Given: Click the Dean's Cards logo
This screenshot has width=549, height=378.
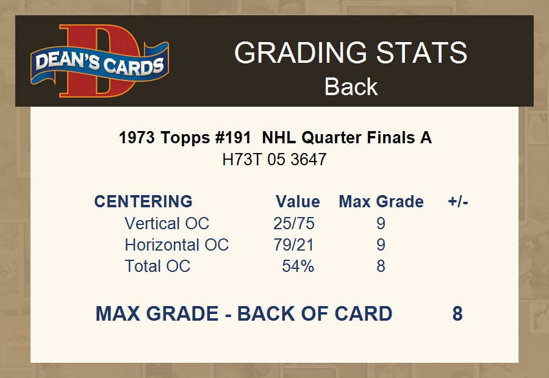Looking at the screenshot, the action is click(100, 60).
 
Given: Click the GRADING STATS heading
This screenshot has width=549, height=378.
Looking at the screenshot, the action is click(351, 52).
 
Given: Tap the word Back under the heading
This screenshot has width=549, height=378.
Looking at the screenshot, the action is click(351, 87).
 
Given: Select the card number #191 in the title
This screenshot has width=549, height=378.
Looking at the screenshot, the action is click(233, 138).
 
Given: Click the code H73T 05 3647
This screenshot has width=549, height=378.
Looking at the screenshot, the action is click(274, 160).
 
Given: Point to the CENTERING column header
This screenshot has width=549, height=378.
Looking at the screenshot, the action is click(143, 202).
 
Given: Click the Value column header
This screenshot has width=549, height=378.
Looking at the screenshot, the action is click(298, 202).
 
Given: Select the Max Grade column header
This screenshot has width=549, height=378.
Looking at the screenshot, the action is click(381, 202).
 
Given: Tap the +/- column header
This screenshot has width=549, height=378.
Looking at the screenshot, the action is click(458, 202).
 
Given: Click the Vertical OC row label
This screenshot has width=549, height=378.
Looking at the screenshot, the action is click(167, 223).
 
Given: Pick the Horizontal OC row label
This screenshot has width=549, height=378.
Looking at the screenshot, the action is click(177, 244).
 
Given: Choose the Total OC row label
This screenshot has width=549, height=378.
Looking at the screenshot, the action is click(157, 266).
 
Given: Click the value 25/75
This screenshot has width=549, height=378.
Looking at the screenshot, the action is click(294, 223).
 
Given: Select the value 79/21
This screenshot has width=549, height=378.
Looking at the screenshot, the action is click(294, 244).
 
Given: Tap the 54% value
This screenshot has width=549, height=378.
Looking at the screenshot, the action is click(298, 266).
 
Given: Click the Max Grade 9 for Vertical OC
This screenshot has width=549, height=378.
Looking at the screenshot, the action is click(381, 223).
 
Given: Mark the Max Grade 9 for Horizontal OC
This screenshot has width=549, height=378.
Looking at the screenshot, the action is click(381, 244).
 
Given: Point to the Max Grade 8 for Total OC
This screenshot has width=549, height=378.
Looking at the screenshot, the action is click(381, 266).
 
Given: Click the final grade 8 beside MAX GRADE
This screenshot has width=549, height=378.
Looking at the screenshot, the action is click(457, 313).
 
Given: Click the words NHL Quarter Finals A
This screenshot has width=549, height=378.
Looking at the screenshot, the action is click(347, 138).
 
